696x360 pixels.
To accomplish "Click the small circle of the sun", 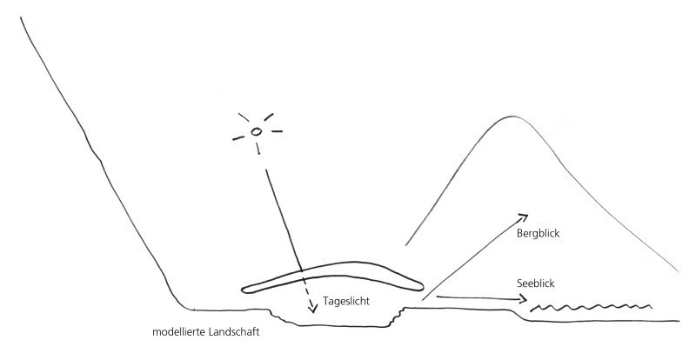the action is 256,131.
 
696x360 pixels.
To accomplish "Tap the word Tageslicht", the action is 345,302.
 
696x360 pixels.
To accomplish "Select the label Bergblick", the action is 538,234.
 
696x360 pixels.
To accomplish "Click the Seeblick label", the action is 535,283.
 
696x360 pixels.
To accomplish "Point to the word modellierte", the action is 176,331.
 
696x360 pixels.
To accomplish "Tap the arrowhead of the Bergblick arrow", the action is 524,217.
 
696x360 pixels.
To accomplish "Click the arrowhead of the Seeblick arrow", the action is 523,300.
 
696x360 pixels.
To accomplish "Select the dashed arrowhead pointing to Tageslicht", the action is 313,308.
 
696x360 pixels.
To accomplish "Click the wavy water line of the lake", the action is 592,307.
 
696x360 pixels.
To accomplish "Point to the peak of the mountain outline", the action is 512,117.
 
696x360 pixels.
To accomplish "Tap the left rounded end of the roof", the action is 243,290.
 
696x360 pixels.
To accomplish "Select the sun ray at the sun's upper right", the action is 269,117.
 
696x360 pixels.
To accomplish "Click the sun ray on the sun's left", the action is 238,138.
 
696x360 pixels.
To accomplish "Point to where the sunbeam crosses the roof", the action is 301,270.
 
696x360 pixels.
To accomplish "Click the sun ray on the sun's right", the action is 277,131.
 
